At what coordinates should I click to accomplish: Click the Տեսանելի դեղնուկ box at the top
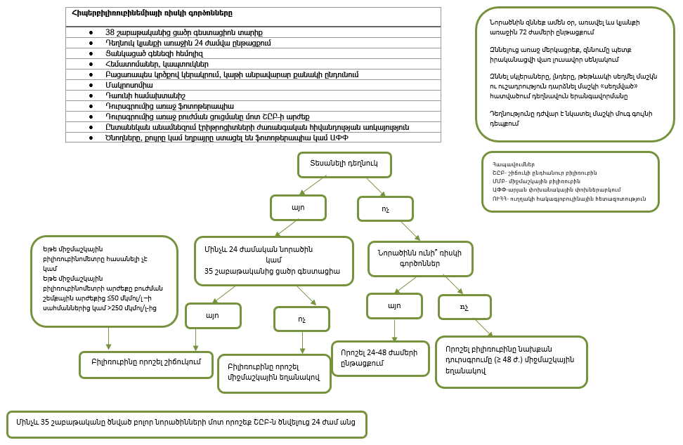344,164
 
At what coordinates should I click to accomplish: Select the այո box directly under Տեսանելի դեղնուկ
297,207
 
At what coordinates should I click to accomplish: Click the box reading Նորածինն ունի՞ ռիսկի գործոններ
420,258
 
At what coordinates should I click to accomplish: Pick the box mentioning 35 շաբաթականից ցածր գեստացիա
273,260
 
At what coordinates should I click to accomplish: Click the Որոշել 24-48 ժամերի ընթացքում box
379,357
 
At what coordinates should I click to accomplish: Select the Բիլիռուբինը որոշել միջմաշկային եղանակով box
274,373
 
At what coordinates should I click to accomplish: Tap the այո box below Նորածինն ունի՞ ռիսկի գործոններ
394,305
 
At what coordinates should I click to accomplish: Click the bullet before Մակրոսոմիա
91,84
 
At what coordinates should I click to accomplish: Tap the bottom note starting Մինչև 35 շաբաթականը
186,423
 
